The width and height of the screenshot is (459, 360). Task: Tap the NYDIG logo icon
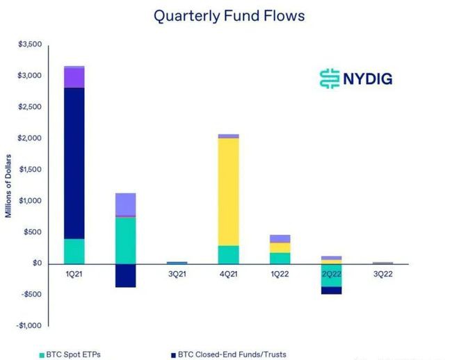tap(328, 78)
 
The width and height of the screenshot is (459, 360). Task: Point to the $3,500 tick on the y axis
tap(29, 44)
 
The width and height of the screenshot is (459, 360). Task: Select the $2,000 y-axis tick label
tap(29, 138)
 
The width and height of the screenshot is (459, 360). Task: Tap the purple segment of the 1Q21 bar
tap(74, 78)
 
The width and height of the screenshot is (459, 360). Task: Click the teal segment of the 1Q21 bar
tap(74, 251)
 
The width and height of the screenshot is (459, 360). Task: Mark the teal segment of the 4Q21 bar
tap(229, 254)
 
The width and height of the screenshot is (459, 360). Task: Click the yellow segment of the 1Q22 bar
tap(280, 247)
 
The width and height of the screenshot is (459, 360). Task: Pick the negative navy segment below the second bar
tap(125, 275)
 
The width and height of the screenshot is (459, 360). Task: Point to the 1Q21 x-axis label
tap(74, 274)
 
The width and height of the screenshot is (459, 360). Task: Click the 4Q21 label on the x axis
tap(229, 274)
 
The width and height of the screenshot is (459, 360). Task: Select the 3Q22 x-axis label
tap(382, 274)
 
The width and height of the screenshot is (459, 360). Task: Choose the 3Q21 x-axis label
tap(177, 274)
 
